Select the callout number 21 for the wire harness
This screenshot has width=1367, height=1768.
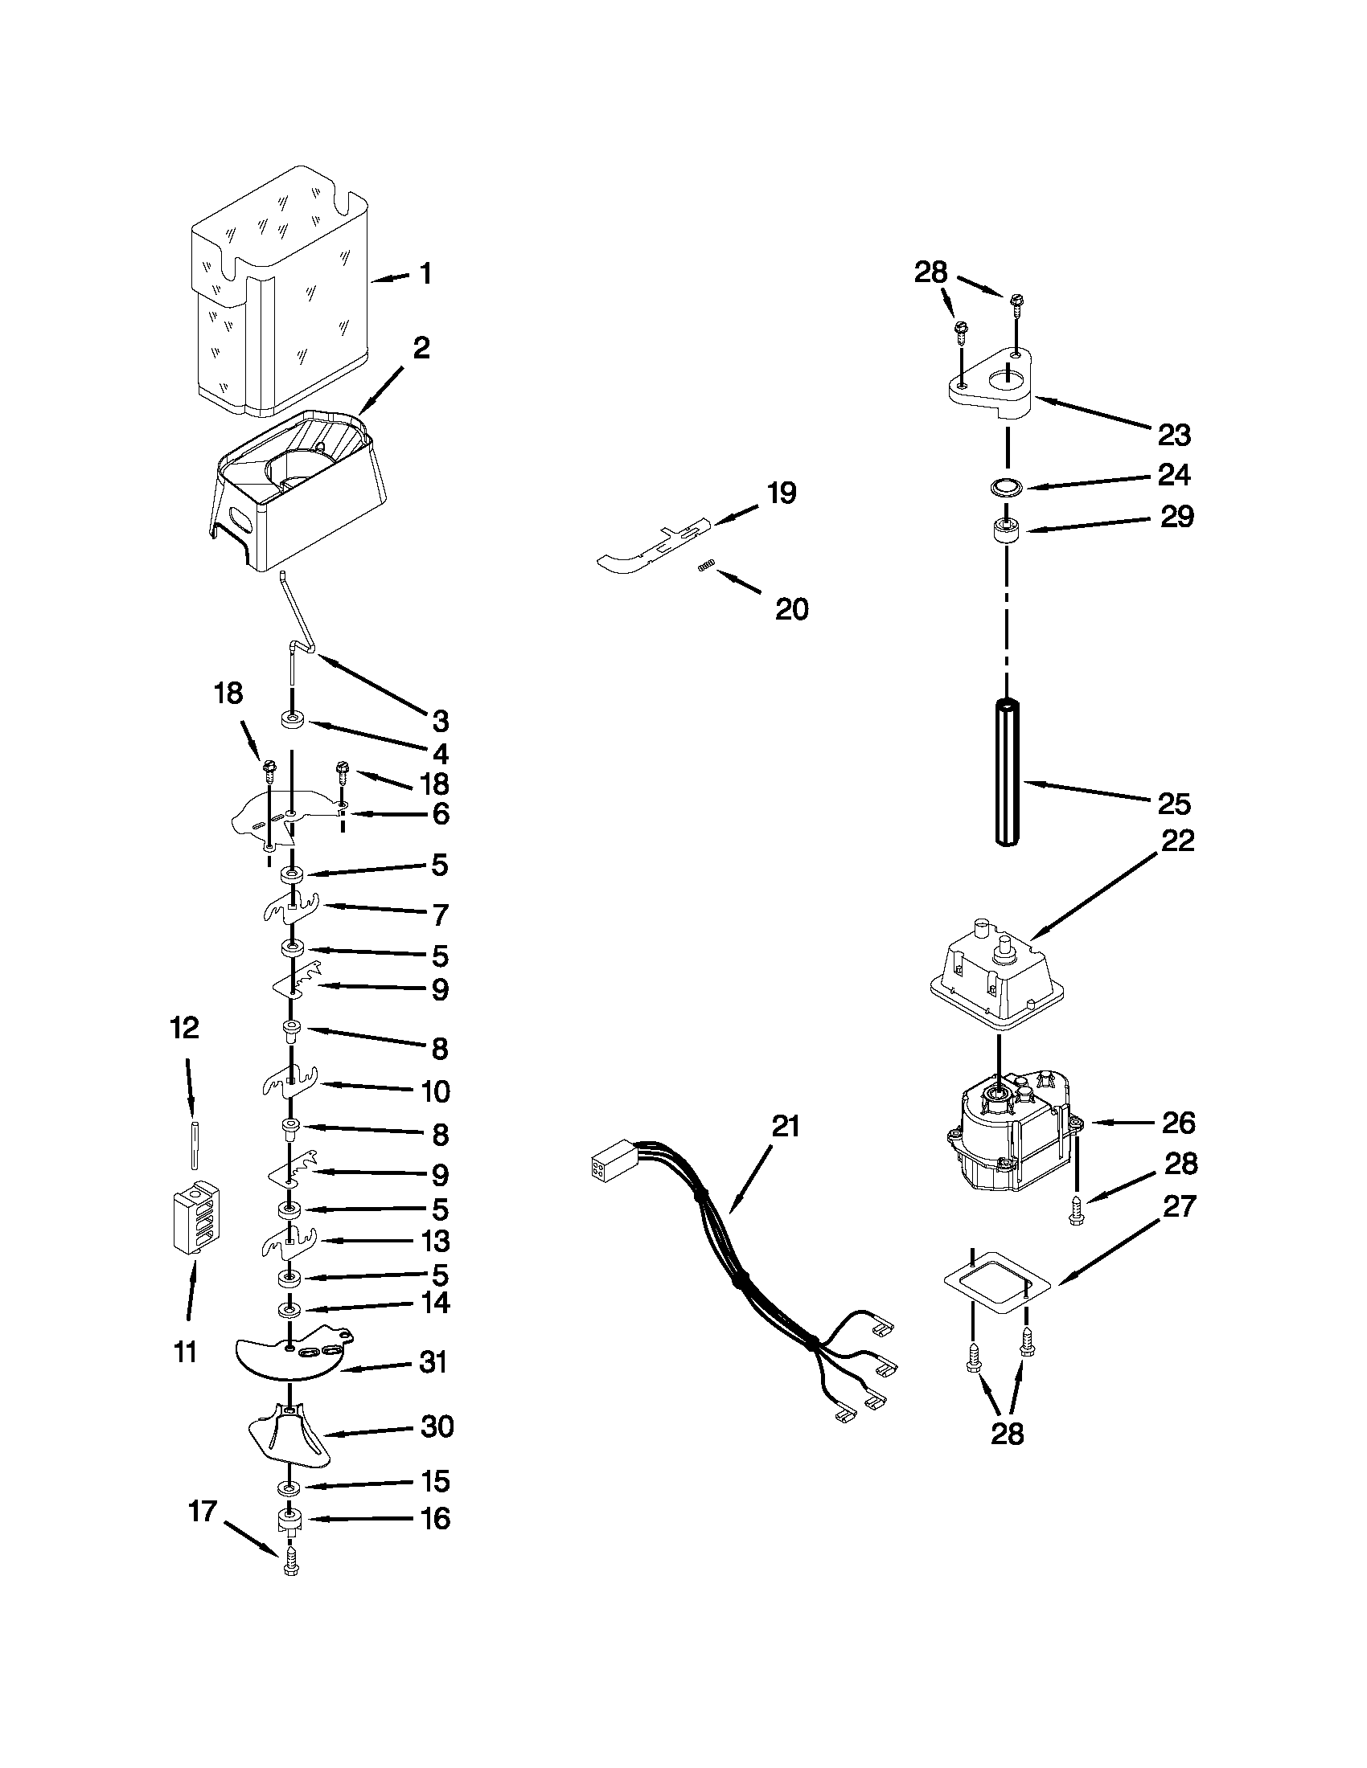pos(785,1128)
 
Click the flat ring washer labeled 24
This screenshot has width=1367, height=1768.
pos(1005,487)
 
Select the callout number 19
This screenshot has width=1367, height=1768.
pos(782,493)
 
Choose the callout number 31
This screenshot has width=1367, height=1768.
pos(433,1362)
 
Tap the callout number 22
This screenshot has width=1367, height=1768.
pos(1178,841)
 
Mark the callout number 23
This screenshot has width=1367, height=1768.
pos(1174,436)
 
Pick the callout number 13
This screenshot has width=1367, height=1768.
pos(436,1241)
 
